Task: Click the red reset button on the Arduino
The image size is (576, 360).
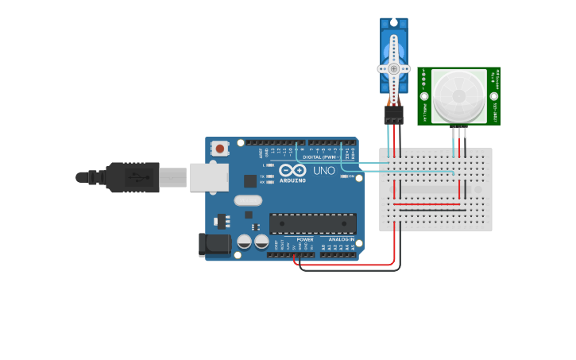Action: (219, 148)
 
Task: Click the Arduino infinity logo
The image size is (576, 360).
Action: (292, 170)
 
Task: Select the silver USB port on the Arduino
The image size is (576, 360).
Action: (208, 177)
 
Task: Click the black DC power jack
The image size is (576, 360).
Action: (213, 245)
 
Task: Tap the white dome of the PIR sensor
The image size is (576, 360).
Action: (458, 95)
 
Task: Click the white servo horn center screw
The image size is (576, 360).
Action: (393, 68)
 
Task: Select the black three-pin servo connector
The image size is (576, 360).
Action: (393, 114)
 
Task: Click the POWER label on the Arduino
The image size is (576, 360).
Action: (305, 239)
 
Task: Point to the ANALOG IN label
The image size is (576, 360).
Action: (342, 239)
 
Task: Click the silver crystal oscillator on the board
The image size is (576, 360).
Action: (248, 200)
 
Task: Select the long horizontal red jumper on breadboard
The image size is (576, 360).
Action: (427, 204)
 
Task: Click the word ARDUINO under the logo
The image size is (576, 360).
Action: (292, 180)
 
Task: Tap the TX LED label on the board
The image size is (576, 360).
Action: (262, 176)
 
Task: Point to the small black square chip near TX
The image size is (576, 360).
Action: (250, 180)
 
